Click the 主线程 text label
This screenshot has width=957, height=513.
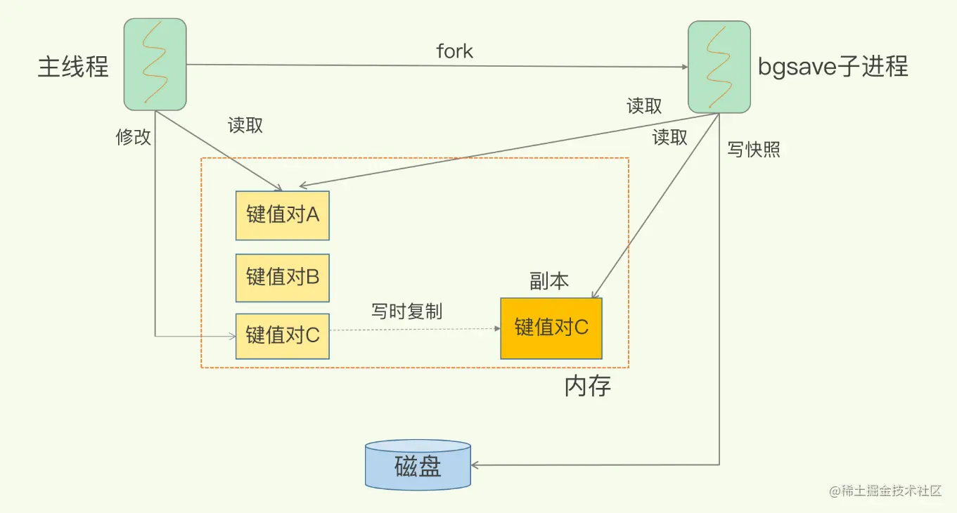pyautogui.click(x=73, y=67)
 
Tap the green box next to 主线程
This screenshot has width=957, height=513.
pyautogui.click(x=155, y=65)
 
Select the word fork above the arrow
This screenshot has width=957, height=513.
pyautogui.click(x=454, y=51)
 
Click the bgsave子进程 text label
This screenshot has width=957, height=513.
pyautogui.click(x=833, y=66)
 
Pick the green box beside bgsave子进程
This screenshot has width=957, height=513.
pyautogui.click(x=719, y=67)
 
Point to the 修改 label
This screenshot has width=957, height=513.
pyautogui.click(x=134, y=137)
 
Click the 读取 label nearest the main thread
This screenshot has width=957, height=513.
pyautogui.click(x=245, y=125)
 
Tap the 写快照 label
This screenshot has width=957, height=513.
pyautogui.click(x=754, y=150)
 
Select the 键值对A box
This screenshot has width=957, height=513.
pyautogui.click(x=283, y=215)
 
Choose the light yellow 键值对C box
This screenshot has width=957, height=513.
pyautogui.click(x=283, y=336)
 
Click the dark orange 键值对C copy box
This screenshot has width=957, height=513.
pyautogui.click(x=551, y=328)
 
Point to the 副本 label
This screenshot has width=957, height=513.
pyautogui.click(x=549, y=282)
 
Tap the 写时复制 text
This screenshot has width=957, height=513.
pyautogui.click(x=406, y=311)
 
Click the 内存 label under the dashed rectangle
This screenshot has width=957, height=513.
pyautogui.click(x=588, y=386)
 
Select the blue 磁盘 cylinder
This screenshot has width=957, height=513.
pyautogui.click(x=418, y=465)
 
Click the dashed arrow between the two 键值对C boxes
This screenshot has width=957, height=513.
pyautogui.click(x=414, y=329)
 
